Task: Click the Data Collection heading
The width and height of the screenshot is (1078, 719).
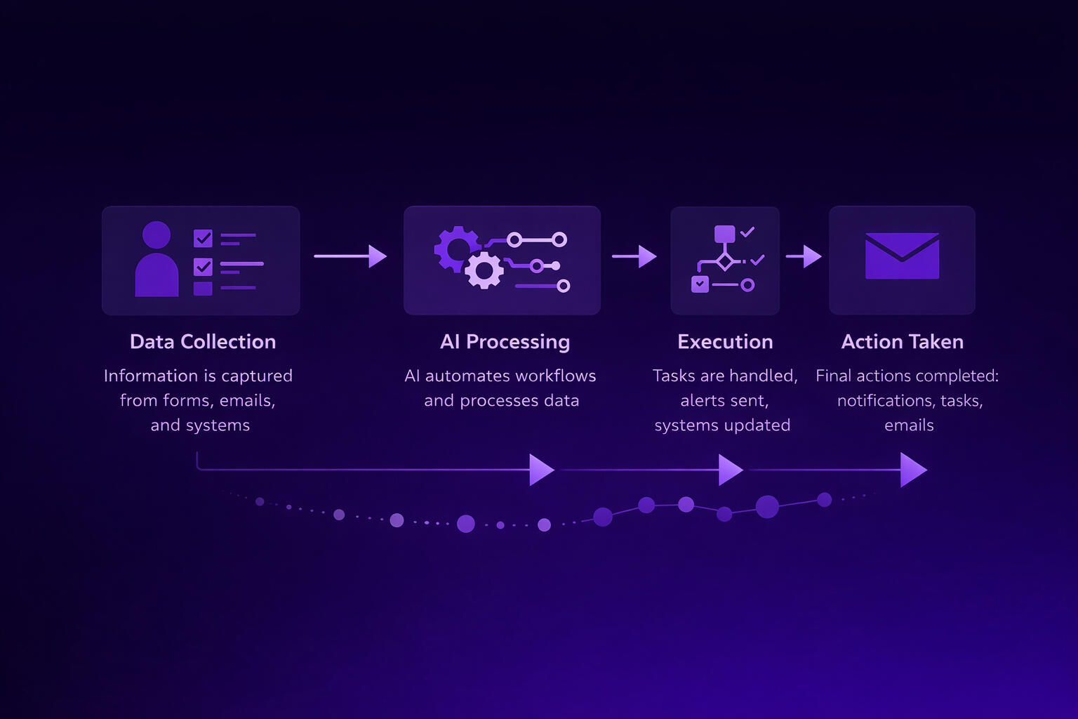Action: pos(203,342)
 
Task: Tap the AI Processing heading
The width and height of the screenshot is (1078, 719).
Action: pos(505,342)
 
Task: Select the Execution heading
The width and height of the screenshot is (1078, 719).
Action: pos(725,342)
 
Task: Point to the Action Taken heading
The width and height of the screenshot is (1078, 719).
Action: pos(902,342)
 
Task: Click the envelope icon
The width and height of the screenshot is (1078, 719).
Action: pos(902,256)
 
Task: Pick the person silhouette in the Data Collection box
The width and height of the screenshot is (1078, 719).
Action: pos(157,260)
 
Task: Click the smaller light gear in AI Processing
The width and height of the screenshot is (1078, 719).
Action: pos(484,271)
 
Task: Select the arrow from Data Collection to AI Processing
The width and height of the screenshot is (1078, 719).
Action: pos(350,256)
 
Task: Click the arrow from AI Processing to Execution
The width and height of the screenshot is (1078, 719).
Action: pos(634,256)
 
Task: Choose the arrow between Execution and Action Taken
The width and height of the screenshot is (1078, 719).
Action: pos(804,256)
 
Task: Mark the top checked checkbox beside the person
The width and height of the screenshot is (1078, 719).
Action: pos(203,239)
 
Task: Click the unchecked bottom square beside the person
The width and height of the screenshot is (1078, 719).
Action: pos(203,288)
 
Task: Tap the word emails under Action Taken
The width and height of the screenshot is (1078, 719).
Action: pos(909,426)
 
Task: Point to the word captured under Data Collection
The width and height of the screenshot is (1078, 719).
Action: pos(258,376)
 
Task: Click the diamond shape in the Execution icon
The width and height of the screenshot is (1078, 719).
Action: pos(724,262)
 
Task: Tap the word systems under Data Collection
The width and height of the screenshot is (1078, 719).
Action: pos(218,426)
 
